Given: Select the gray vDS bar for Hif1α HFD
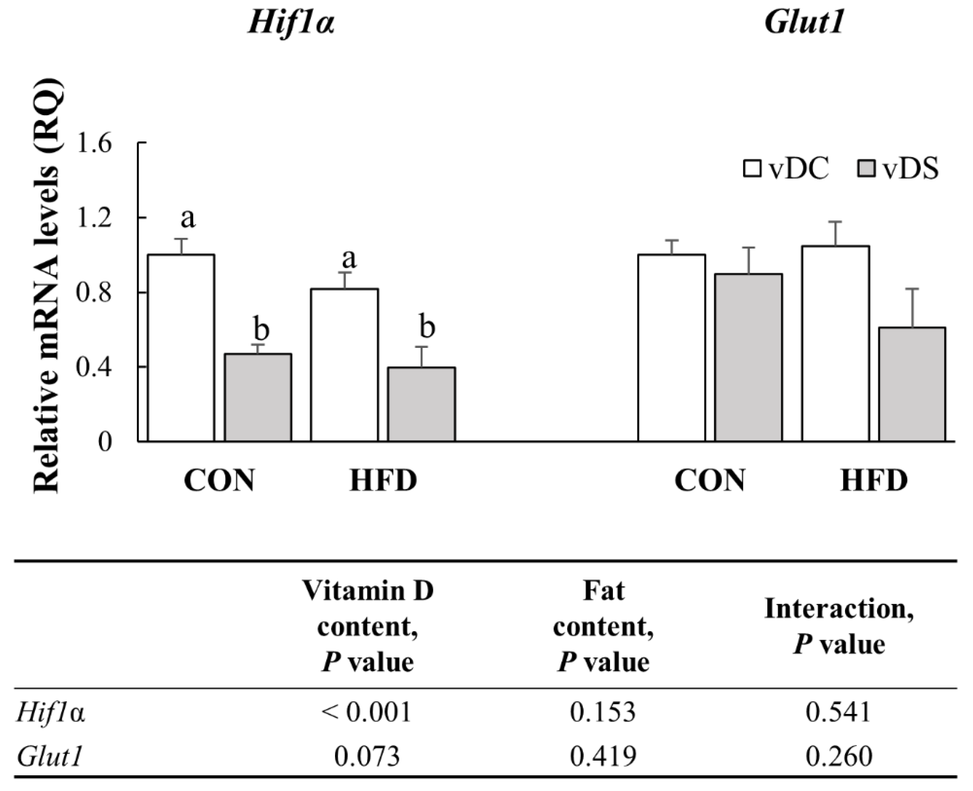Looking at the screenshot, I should click(x=421, y=404).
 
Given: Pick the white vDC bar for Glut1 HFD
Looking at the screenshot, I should click(x=835, y=344).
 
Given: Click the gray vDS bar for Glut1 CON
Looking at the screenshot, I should click(x=748, y=357).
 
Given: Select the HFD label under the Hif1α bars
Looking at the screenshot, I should click(x=383, y=480).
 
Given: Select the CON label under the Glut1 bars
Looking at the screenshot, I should click(x=710, y=480).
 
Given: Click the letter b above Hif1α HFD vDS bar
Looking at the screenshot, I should click(x=427, y=327).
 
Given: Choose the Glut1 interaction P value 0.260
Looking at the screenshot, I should click(x=839, y=756).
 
